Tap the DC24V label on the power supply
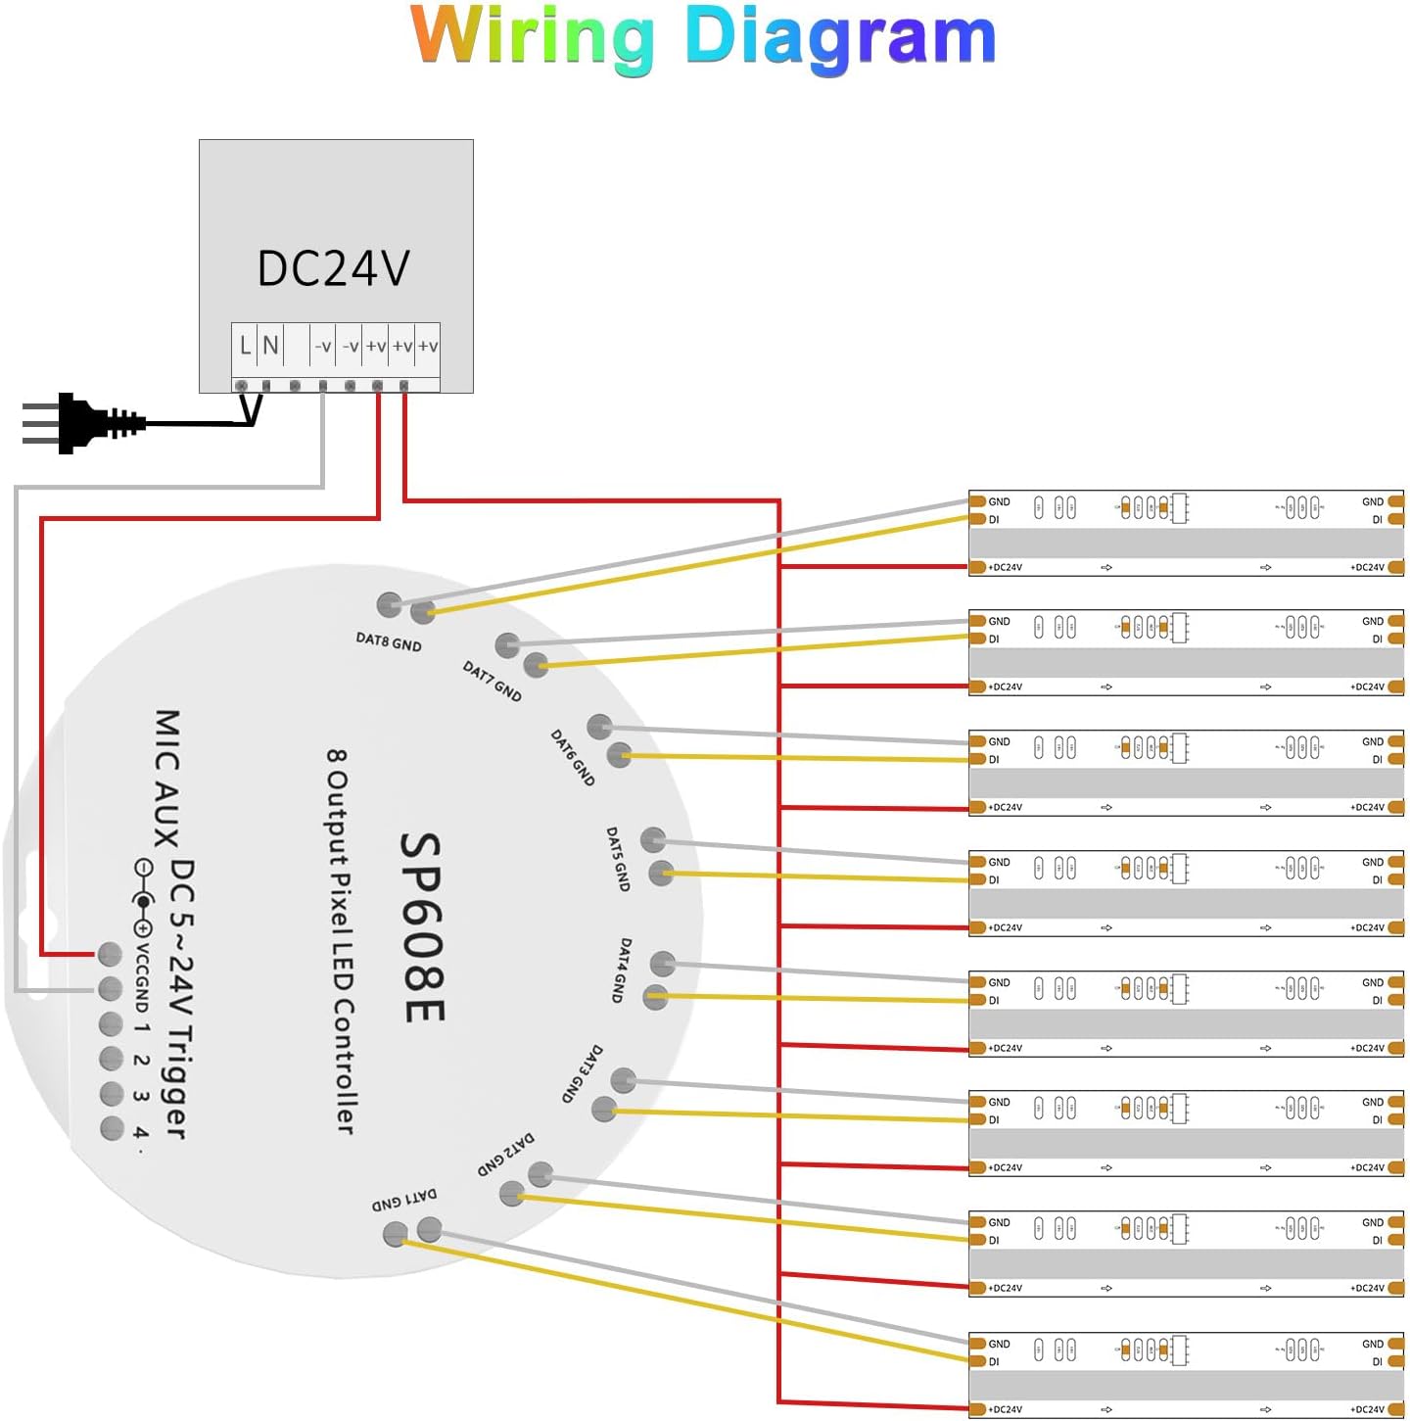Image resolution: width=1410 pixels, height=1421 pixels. coord(333,268)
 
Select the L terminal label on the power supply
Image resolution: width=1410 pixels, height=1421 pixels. coord(245,346)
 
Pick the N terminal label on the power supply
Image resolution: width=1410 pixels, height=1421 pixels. coord(270,346)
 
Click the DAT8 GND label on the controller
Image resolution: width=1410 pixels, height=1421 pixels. coord(389,642)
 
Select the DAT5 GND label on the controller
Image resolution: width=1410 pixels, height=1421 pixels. coord(618,859)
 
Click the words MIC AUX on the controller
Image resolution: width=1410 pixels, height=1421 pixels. coord(167,779)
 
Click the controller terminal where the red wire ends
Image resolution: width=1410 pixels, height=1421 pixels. coord(111,953)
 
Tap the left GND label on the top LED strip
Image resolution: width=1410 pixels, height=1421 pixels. coord(999,502)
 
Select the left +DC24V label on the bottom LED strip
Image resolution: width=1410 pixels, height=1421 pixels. coord(1005,1409)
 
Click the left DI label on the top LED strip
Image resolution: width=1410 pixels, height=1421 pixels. coord(994,520)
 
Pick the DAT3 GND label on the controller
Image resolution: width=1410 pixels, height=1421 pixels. coord(583,1074)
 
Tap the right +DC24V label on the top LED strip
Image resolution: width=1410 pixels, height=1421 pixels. coord(1367,568)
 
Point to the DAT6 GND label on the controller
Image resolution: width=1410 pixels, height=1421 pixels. coord(573,757)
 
